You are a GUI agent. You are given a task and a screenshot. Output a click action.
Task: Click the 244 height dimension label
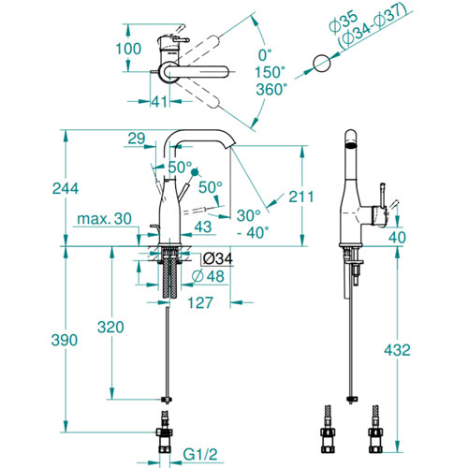click(66, 188)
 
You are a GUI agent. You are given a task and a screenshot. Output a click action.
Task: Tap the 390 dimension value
click(65, 340)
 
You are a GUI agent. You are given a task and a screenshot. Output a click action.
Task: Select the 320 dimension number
click(110, 327)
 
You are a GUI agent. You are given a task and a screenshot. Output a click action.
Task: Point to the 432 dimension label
click(397, 350)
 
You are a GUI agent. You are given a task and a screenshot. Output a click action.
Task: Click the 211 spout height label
click(300, 197)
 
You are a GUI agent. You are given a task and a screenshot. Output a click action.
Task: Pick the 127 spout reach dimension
click(200, 302)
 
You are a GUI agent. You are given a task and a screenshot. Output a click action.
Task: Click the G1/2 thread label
click(200, 455)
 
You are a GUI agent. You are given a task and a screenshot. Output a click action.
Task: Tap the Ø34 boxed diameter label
click(217, 258)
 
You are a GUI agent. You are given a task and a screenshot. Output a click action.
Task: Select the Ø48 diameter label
click(208, 276)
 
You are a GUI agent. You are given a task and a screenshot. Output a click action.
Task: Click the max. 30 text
click(104, 219)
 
